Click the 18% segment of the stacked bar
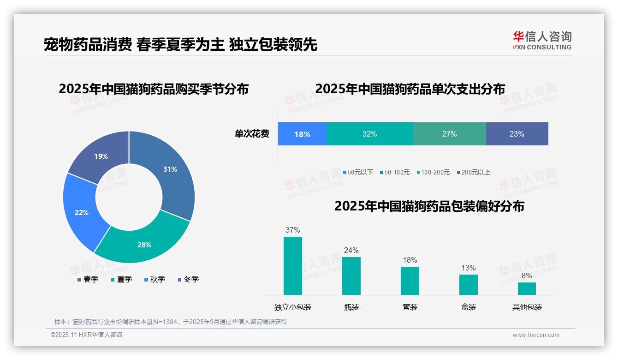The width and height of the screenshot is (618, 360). click(302, 134)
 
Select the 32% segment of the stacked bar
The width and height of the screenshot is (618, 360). click(369, 134)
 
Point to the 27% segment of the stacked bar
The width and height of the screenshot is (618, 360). click(449, 134)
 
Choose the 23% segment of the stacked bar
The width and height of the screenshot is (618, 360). click(517, 134)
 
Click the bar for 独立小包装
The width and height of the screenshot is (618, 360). click(293, 266)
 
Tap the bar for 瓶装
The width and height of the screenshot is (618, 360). click(351, 276)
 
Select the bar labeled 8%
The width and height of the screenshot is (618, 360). click(527, 288)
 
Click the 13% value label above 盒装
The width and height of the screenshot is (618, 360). click(468, 268)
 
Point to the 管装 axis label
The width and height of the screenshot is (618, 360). click(410, 307)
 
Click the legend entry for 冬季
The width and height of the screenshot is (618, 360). click(188, 280)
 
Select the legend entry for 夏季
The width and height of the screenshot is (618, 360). click(121, 280)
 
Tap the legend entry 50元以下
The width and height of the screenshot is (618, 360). click(357, 173)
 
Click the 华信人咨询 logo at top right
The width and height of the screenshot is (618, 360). click(542, 40)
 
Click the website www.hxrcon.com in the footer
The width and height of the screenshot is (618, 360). click(536, 335)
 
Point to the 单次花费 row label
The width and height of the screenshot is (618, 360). click(252, 134)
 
